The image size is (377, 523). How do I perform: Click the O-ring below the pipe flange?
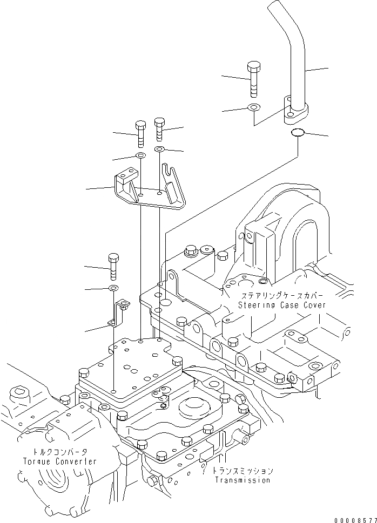[x=298, y=133]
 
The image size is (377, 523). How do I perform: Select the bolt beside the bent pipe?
[x=253, y=79]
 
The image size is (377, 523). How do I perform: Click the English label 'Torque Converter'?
[x=60, y=461]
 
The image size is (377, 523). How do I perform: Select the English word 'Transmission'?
[x=243, y=480]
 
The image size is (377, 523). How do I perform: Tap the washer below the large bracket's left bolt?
[x=140, y=156]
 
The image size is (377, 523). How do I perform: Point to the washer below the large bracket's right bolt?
[x=160, y=149]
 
